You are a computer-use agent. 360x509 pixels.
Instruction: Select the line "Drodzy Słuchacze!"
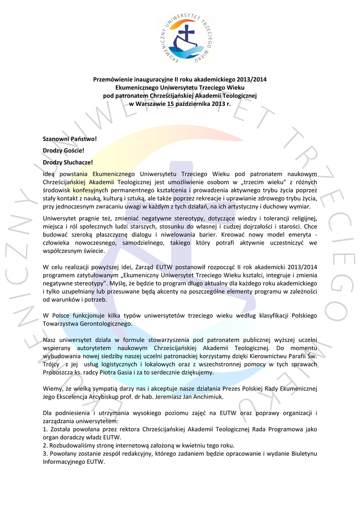coord(68,162)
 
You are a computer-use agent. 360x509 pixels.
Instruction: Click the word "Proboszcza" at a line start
coord(59,372)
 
